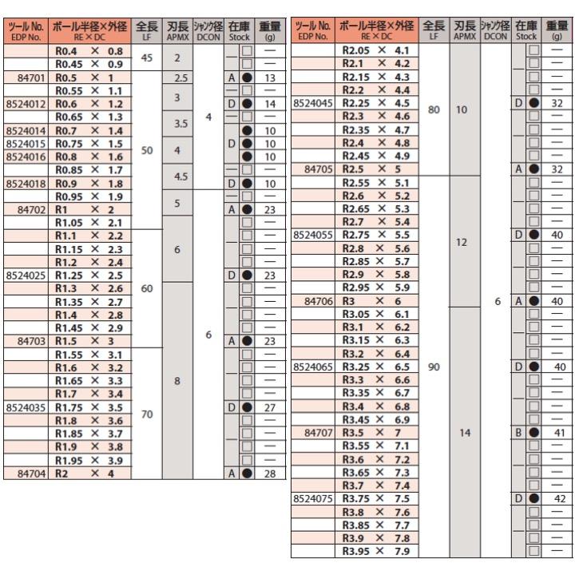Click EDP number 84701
28,77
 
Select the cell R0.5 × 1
88,77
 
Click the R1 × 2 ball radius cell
88,208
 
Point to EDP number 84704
28,472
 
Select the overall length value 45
146,57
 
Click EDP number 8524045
313,103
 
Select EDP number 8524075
313,498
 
